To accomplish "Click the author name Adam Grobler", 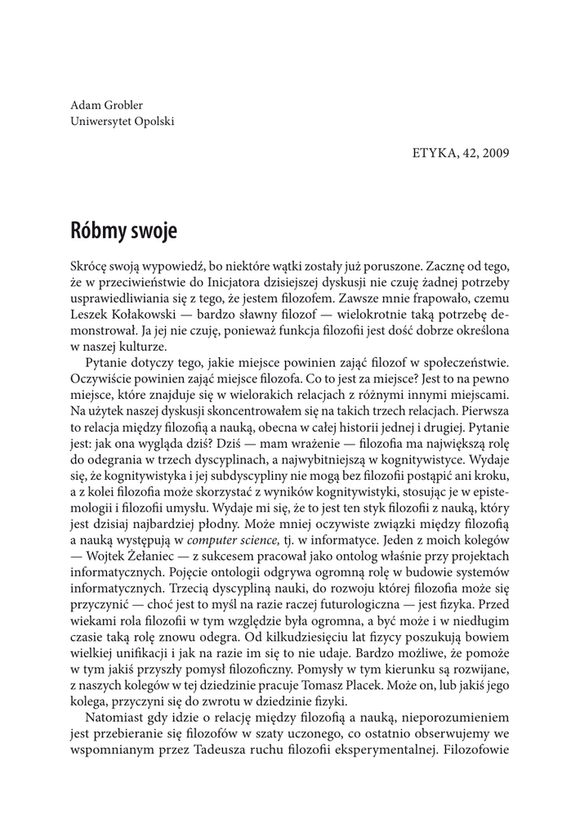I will (108, 106).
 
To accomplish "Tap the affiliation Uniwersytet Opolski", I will (123, 122).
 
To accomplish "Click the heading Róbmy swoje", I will (123, 230).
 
